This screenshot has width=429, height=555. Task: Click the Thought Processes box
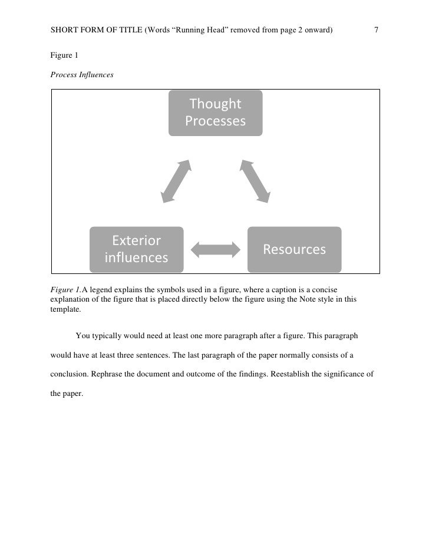215,113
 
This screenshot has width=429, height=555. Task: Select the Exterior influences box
136,249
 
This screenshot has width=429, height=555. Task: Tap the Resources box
294,249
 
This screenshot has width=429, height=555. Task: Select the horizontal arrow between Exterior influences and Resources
216,249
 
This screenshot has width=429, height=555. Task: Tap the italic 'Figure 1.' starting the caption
65,289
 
